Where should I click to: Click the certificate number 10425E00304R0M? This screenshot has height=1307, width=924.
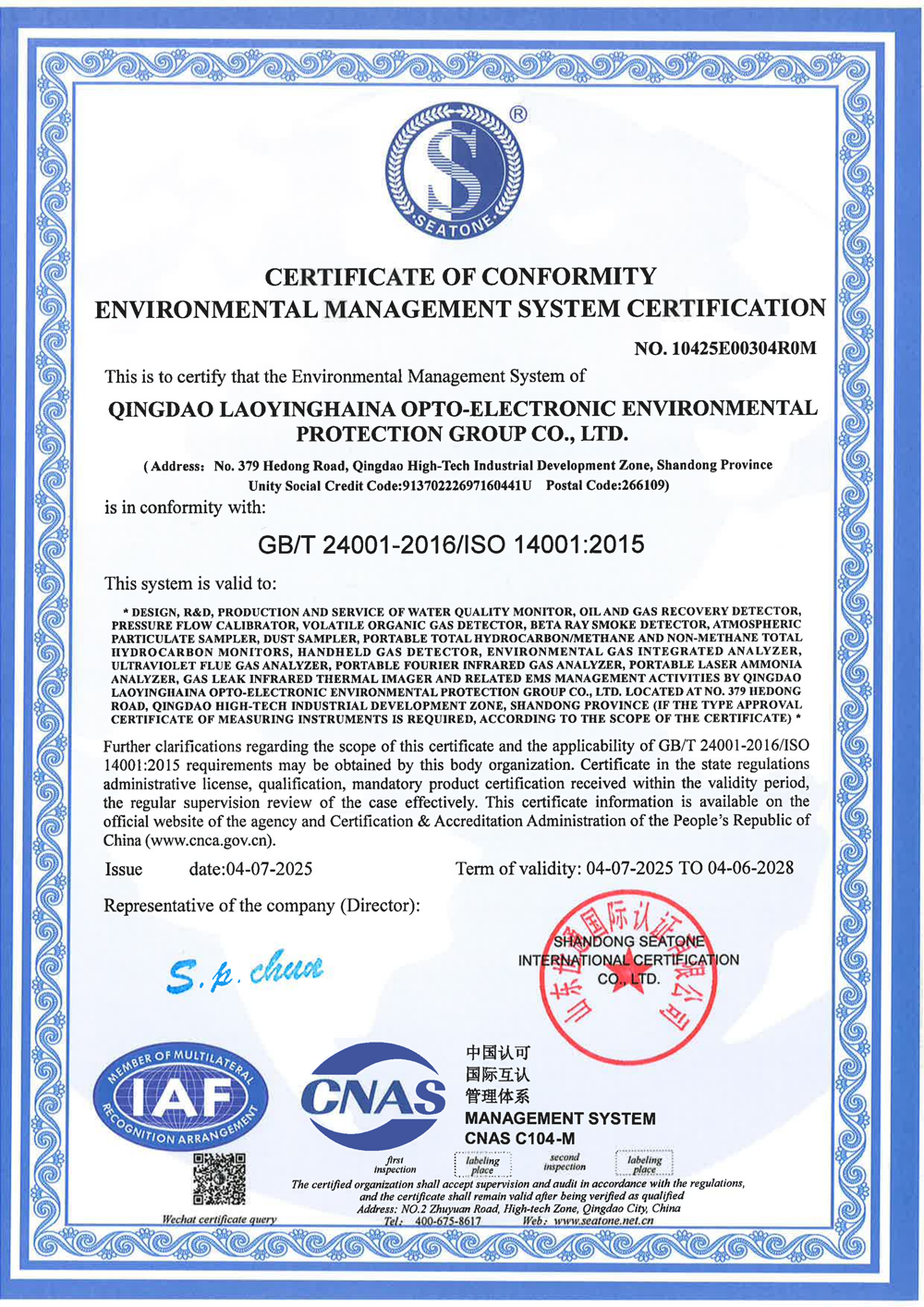[745, 348]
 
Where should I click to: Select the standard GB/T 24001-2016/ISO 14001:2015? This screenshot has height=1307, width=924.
[451, 544]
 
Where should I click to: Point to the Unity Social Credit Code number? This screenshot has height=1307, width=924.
[466, 485]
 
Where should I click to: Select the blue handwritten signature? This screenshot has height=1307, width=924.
[246, 970]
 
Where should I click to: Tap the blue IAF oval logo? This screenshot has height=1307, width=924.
[182, 1097]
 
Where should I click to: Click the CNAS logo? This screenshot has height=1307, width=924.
[372, 1098]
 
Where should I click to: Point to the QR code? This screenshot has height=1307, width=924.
[219, 1179]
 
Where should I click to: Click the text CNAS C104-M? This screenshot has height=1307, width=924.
[519, 1138]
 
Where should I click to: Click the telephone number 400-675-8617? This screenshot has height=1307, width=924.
[448, 1220]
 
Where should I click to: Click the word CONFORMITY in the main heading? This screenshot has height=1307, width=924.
[568, 276]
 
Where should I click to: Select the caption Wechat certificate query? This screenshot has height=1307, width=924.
[219, 1219]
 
